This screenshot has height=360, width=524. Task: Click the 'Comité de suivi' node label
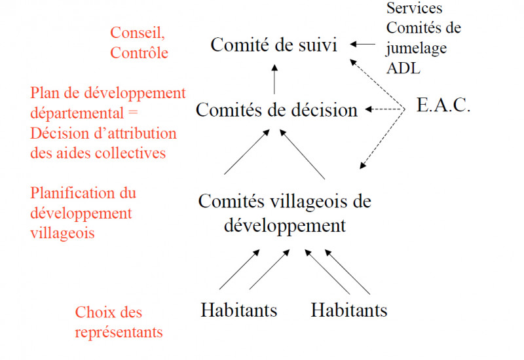[x=274, y=46]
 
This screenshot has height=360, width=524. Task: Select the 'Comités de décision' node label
[x=276, y=109]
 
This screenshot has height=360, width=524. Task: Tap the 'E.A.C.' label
[x=443, y=106]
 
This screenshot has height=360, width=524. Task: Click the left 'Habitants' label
[x=238, y=309]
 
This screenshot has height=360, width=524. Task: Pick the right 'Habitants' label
[x=348, y=309]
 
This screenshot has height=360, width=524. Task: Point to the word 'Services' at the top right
[x=414, y=9]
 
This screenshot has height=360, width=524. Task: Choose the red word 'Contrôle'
[x=139, y=52]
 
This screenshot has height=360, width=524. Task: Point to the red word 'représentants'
[x=119, y=332]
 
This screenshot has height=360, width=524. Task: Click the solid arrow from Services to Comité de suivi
[x=364, y=45]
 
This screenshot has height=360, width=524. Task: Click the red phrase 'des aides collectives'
[x=99, y=153]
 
